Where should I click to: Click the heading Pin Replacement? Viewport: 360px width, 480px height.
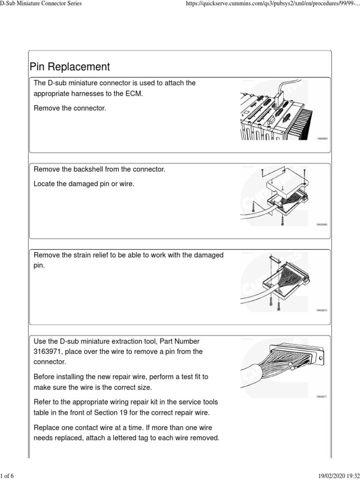pyautogui.click(x=69, y=67)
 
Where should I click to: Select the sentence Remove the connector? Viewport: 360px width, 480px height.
pyautogui.click(x=70, y=108)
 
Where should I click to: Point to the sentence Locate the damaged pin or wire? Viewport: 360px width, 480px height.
pyautogui.click(x=84, y=184)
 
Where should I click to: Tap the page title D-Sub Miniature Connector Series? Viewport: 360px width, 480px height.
pyautogui.click(x=41, y=4)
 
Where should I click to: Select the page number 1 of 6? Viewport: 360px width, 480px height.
pyautogui.click(x=7, y=476)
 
